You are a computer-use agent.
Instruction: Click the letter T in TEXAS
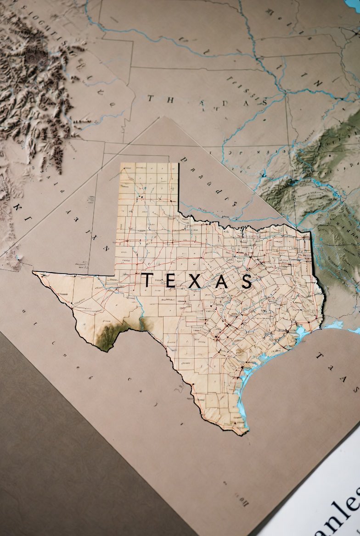(x=147, y=280)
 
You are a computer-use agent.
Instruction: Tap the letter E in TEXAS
(x=170, y=280)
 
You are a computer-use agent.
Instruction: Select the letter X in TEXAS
(x=194, y=281)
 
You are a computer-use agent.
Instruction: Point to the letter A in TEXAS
(x=221, y=281)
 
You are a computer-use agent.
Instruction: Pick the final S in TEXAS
(x=247, y=281)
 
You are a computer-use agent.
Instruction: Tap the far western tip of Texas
(x=34, y=273)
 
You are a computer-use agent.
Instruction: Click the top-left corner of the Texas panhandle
(x=121, y=164)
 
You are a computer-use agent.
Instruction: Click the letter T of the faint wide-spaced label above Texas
(x=151, y=98)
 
